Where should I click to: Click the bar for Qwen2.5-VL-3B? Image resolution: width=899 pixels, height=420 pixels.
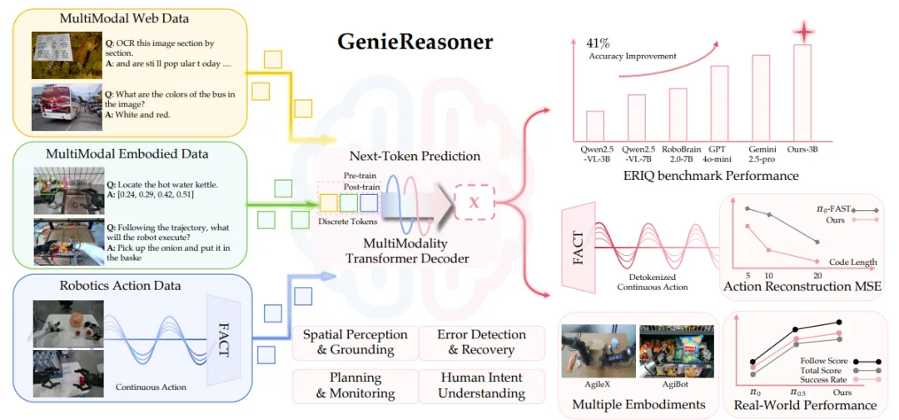coord(595,126)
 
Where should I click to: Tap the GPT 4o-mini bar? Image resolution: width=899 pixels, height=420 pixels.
coord(720,103)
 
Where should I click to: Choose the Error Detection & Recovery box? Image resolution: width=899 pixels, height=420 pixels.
coord(475,342)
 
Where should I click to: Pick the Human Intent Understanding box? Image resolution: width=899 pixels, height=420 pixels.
coord(475,385)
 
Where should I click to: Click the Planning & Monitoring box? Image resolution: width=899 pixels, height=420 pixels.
coord(355,385)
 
